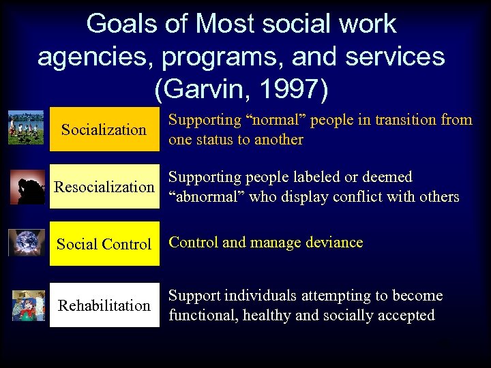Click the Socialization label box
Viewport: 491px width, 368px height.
[104, 129]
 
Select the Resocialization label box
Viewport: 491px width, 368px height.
[104, 187]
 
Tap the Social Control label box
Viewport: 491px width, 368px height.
[104, 244]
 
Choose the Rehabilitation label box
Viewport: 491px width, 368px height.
[104, 305]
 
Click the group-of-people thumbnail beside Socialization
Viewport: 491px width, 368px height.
[26, 127]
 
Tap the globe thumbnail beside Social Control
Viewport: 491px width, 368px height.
[27, 243]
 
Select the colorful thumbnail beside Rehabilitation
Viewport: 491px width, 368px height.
[28, 305]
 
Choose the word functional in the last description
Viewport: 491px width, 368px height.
[200, 316]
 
